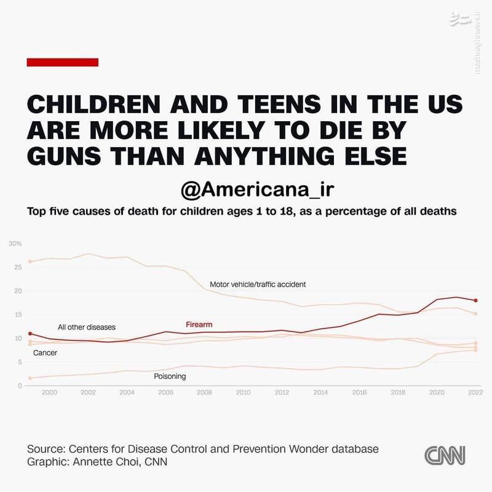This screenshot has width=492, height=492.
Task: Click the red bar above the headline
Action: coord(63,61)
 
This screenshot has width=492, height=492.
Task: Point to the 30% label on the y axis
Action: coord(15,244)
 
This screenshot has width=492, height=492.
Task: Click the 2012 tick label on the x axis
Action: coord(281,391)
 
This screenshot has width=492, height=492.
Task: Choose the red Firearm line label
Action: coord(199,324)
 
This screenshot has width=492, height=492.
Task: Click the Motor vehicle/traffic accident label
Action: coord(258,285)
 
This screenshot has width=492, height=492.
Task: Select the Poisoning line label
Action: coord(169,376)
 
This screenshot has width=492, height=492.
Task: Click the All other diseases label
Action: coord(87,327)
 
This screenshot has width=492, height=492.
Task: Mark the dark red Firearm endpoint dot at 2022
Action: coord(475,300)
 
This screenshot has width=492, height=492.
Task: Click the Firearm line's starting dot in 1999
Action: coord(30,333)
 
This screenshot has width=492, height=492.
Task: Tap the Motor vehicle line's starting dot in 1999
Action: coord(30,261)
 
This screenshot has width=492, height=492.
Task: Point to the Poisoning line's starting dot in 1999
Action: coord(30,378)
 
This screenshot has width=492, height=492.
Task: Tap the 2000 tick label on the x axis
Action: coord(49,391)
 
